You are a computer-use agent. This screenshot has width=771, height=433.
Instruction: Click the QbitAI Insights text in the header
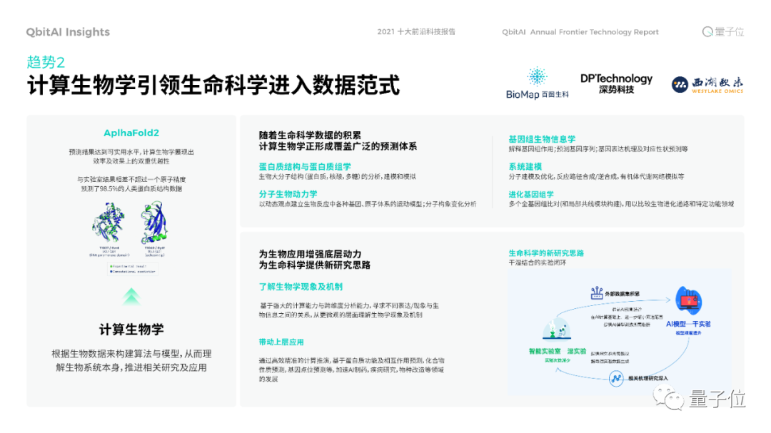point(68,32)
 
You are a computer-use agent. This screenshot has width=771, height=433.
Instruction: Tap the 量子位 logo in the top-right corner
point(723,32)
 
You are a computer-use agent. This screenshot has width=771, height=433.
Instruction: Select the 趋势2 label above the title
point(46,62)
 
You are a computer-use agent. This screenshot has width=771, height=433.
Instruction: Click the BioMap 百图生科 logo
point(537,83)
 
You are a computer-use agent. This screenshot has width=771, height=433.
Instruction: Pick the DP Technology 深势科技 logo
point(616,83)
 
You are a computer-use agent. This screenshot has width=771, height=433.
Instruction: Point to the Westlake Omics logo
point(707,85)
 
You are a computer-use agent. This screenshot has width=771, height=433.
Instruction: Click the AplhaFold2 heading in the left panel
point(131,133)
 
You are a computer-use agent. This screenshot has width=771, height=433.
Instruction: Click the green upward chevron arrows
point(131,296)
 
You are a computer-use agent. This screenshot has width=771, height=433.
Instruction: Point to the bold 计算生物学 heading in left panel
point(131,329)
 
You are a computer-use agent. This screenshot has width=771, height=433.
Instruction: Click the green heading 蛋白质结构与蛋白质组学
point(305,166)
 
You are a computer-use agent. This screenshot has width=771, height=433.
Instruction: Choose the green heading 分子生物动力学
point(288,194)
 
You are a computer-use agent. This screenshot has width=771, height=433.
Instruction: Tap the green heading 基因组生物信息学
point(542,139)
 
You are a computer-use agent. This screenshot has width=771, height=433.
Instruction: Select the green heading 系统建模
point(525,166)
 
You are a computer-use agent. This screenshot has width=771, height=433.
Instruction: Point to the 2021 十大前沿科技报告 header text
point(416,32)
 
